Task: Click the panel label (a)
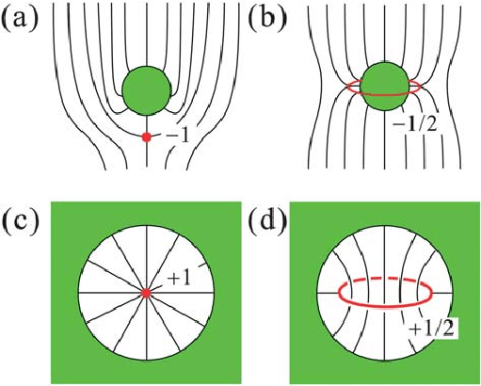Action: point(20,19)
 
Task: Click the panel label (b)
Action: point(267,19)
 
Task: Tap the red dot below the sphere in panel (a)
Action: point(146,137)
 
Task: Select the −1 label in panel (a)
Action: point(177,137)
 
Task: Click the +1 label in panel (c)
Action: point(179,279)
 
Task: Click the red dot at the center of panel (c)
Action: point(146,293)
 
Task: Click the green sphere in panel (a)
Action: point(147,90)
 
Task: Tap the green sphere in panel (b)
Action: point(385,86)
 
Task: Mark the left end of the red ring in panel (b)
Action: point(347,88)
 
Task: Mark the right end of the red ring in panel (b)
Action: point(420,87)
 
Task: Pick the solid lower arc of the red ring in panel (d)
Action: point(385,306)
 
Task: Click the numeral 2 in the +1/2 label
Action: point(448,330)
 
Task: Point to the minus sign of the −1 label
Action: point(170,137)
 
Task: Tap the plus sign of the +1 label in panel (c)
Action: point(173,280)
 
